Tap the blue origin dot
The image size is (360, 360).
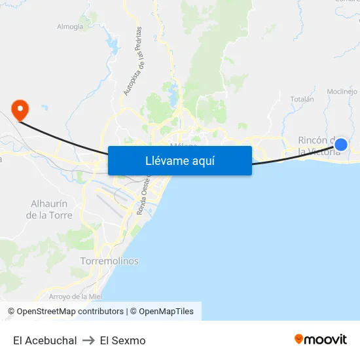coord(340,144)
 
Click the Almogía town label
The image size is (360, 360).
coord(70,27)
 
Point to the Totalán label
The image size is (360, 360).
coord(302,99)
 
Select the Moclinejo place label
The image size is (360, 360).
coord(342,91)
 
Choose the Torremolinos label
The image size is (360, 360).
coord(109,261)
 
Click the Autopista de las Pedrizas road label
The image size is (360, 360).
coord(132,62)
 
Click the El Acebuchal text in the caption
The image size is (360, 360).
coord(45,340)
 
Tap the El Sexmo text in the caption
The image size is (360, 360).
coord(123,340)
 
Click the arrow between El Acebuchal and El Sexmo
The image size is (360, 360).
coord(88,340)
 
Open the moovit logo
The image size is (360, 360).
coord(321,339)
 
